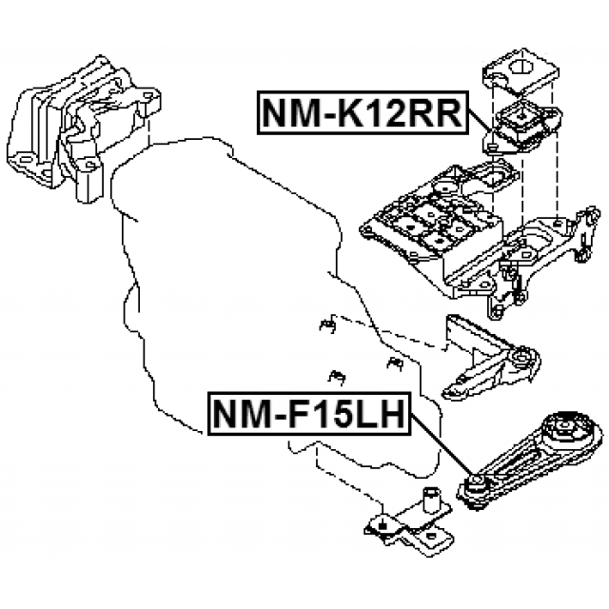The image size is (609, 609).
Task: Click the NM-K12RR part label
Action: [x=362, y=114]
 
